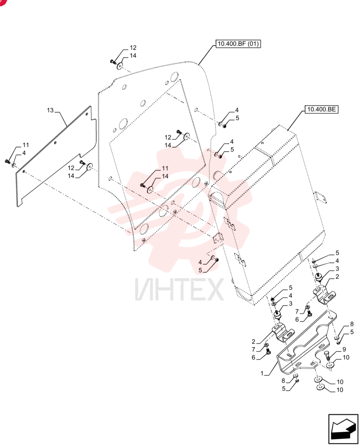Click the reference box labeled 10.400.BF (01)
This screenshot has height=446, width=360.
pyautogui.click(x=238, y=44)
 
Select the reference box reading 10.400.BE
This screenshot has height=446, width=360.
pyautogui.click(x=321, y=109)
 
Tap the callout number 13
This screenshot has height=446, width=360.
pyautogui.click(x=50, y=110)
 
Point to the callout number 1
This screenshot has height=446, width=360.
pyautogui.click(x=262, y=373)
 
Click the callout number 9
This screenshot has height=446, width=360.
pyautogui.click(x=344, y=349)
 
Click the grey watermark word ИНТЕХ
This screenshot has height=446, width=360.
pyautogui.click(x=179, y=289)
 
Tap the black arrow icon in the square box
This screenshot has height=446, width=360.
pyautogui.click(x=343, y=429)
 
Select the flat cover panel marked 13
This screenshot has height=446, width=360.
pyautogui.click(x=55, y=157)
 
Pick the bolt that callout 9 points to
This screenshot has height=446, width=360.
pyautogui.click(x=327, y=356)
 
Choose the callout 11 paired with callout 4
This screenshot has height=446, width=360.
pyautogui.click(x=26, y=145)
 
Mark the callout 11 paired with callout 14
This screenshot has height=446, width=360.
pyautogui.click(x=165, y=169)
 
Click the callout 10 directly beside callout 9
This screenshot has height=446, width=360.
pyautogui.click(x=346, y=357)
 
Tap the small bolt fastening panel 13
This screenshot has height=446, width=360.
pyautogui.click(x=8, y=162)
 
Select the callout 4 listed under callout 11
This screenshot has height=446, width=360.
pyautogui.click(x=24, y=153)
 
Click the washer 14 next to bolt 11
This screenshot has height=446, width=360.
pyautogui.click(x=150, y=189)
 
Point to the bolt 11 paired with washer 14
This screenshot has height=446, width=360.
pyautogui.click(x=143, y=186)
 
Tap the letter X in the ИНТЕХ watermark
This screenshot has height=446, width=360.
pyautogui.click(x=215, y=289)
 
